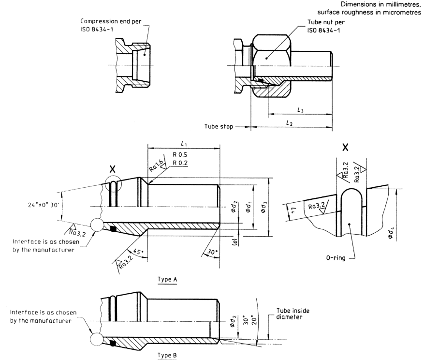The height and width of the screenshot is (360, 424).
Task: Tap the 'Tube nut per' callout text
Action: (326, 22)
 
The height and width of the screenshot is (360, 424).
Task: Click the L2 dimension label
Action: (289, 124)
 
